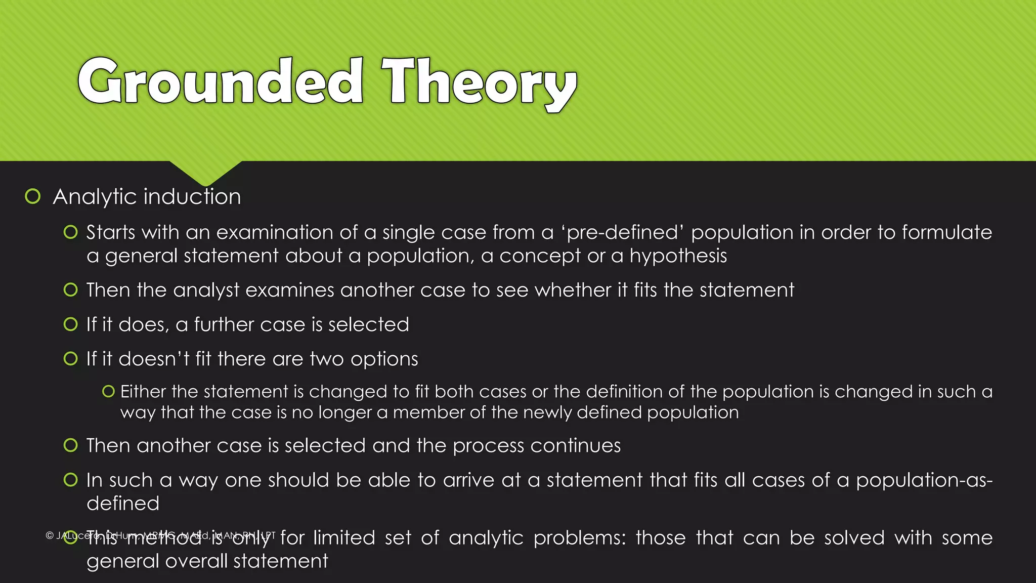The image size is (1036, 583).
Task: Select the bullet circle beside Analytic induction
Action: [x=33, y=196]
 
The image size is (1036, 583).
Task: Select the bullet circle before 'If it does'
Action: [x=71, y=324]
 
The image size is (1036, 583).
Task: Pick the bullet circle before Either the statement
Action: [x=108, y=391]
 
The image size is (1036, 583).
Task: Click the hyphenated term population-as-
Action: [x=924, y=480]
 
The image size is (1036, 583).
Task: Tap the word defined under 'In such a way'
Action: [x=123, y=504]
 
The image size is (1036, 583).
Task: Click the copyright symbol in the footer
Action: [x=50, y=535]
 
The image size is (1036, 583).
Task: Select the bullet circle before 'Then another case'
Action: [x=71, y=445]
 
